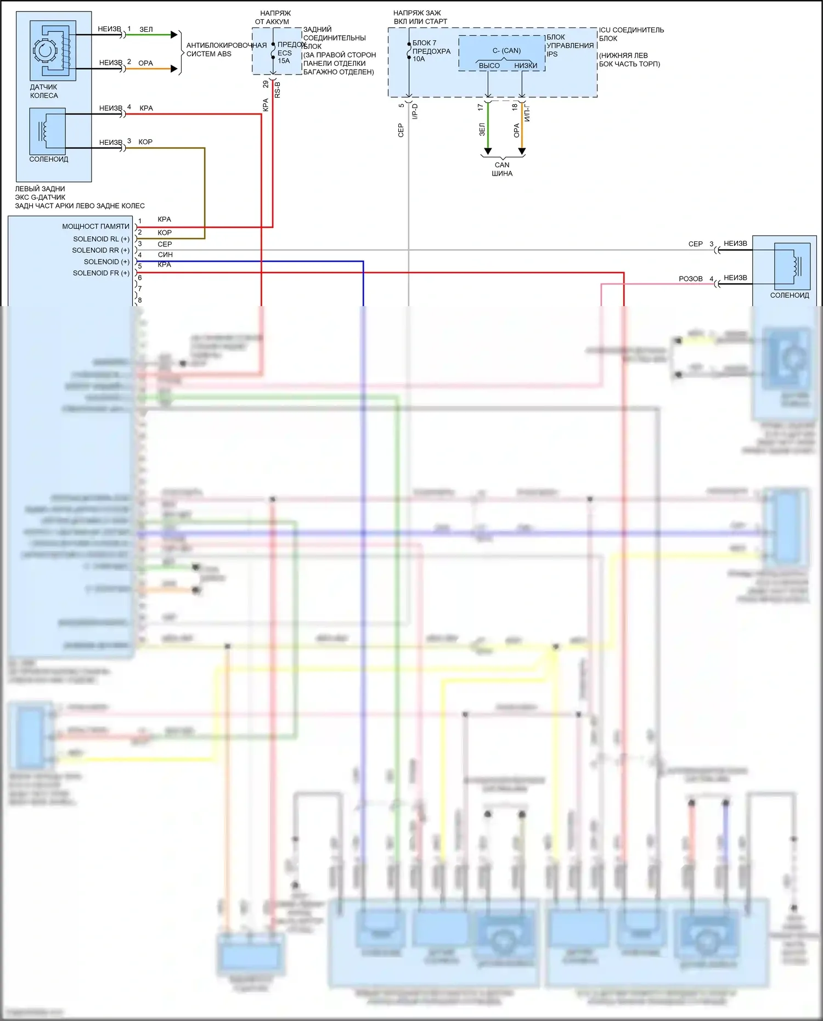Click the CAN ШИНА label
coord(502,169)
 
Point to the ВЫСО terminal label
coord(489,66)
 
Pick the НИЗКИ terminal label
coord(526,66)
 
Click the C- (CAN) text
coord(506,50)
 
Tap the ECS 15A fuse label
coord(284,57)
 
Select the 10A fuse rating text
coord(419,59)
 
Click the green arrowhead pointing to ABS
coord(174,35)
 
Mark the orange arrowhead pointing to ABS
coord(174,69)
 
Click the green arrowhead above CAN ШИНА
coord(488,151)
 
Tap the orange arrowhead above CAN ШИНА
coord(522,151)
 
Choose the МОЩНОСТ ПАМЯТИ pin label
coord(95,226)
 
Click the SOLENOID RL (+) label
coord(101,239)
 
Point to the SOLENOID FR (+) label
coord(101,273)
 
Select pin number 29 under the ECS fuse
coord(266,84)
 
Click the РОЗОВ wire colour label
coord(690,279)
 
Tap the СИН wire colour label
coord(165,255)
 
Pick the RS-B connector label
coord(278,89)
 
